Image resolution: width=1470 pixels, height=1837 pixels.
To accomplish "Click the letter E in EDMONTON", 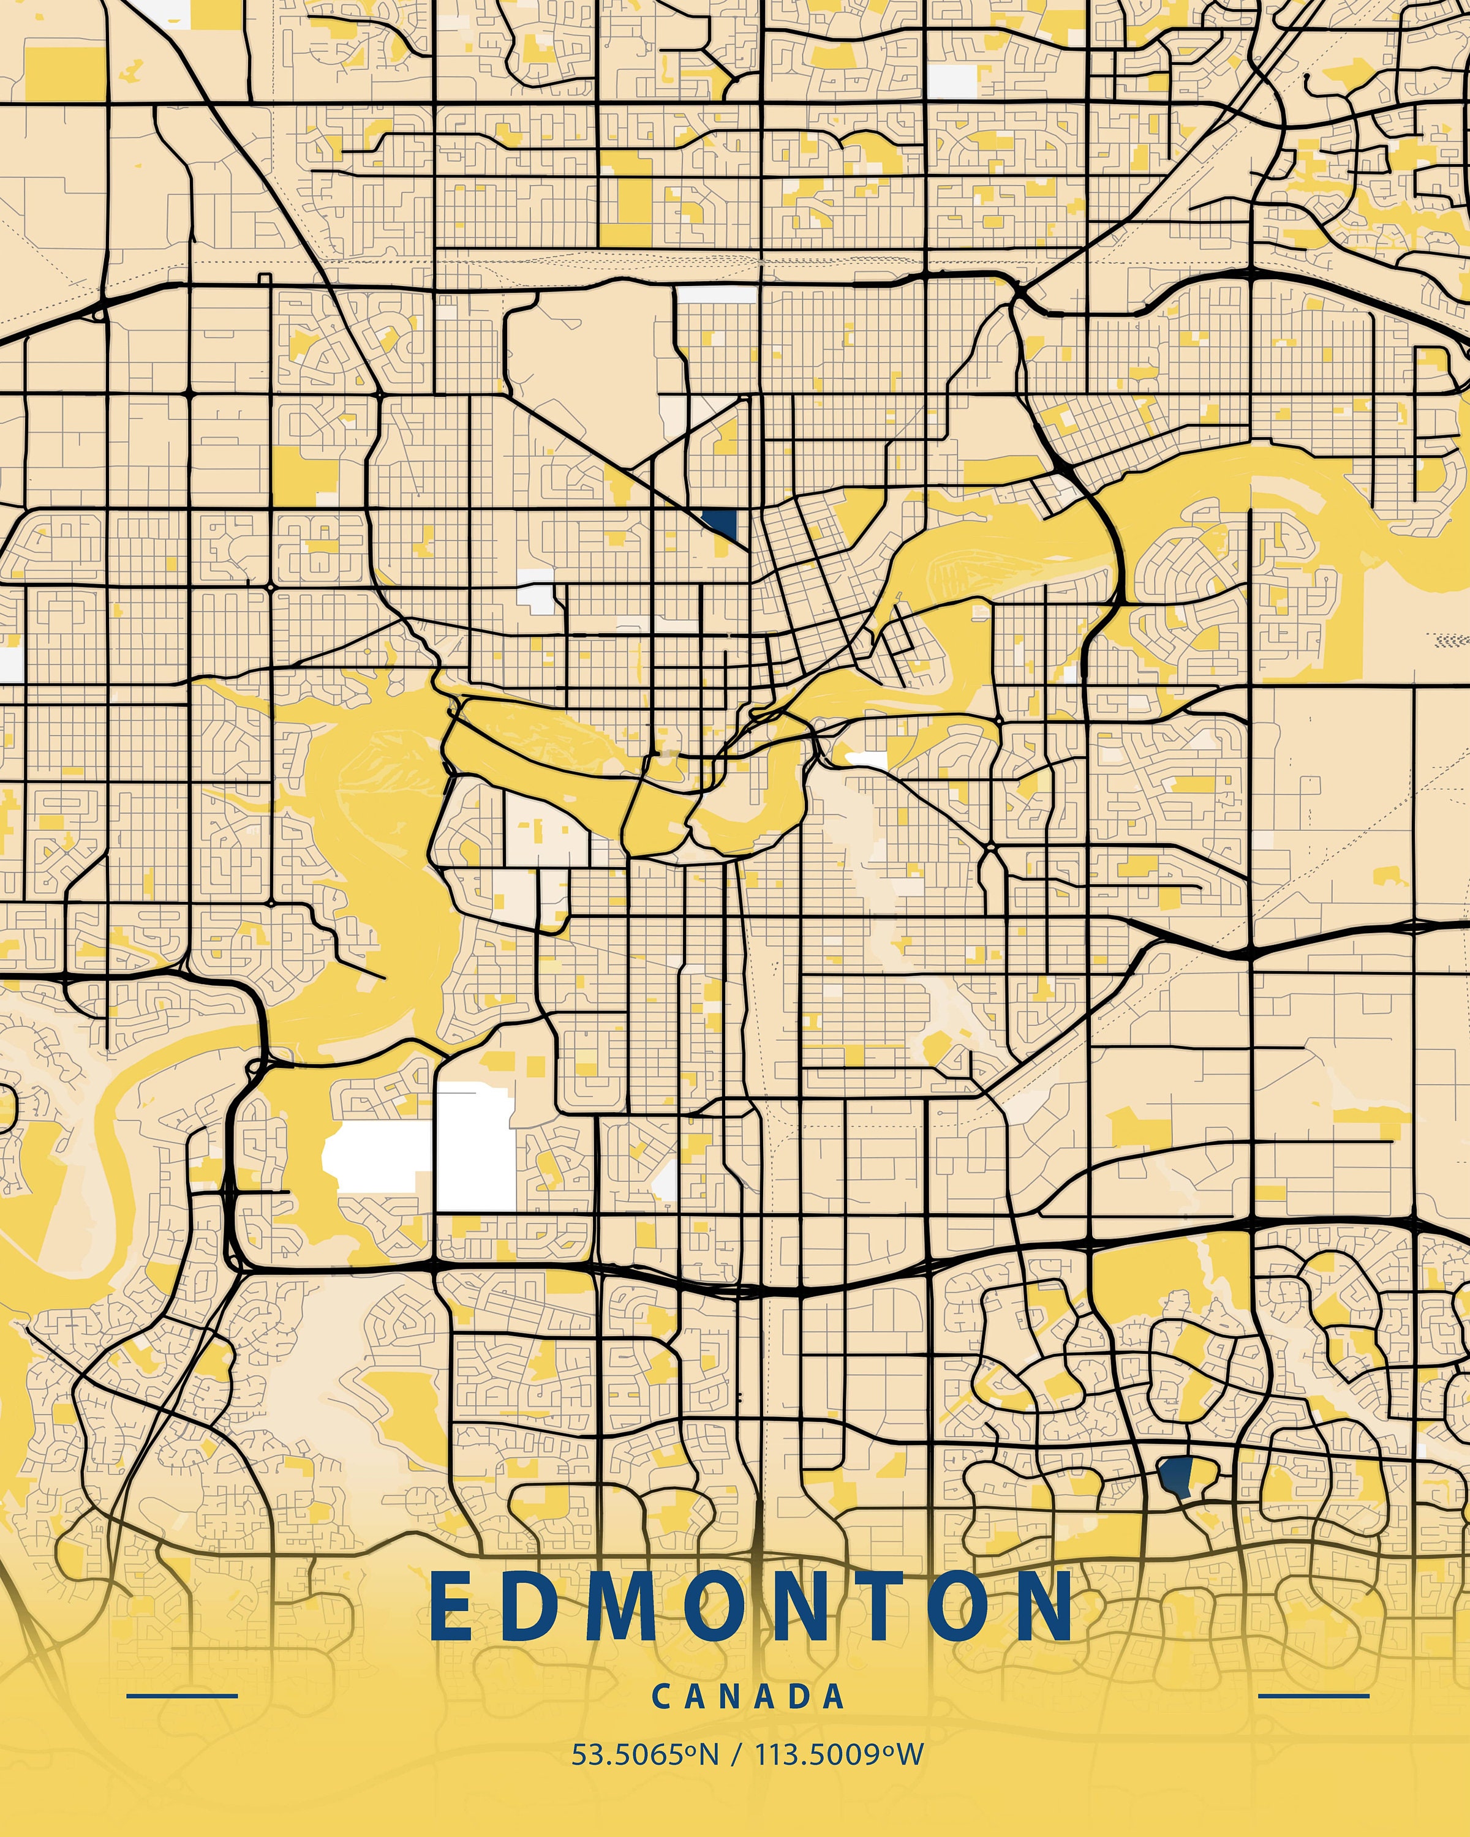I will tap(451, 1607).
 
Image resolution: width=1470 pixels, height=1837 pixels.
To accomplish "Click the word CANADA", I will tap(747, 1696).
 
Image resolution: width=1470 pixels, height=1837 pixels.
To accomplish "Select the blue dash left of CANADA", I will tap(181, 1696).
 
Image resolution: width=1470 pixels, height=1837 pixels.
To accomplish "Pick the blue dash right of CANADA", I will tap(1313, 1696).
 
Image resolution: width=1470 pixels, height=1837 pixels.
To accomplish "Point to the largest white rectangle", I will tap(475, 1146).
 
